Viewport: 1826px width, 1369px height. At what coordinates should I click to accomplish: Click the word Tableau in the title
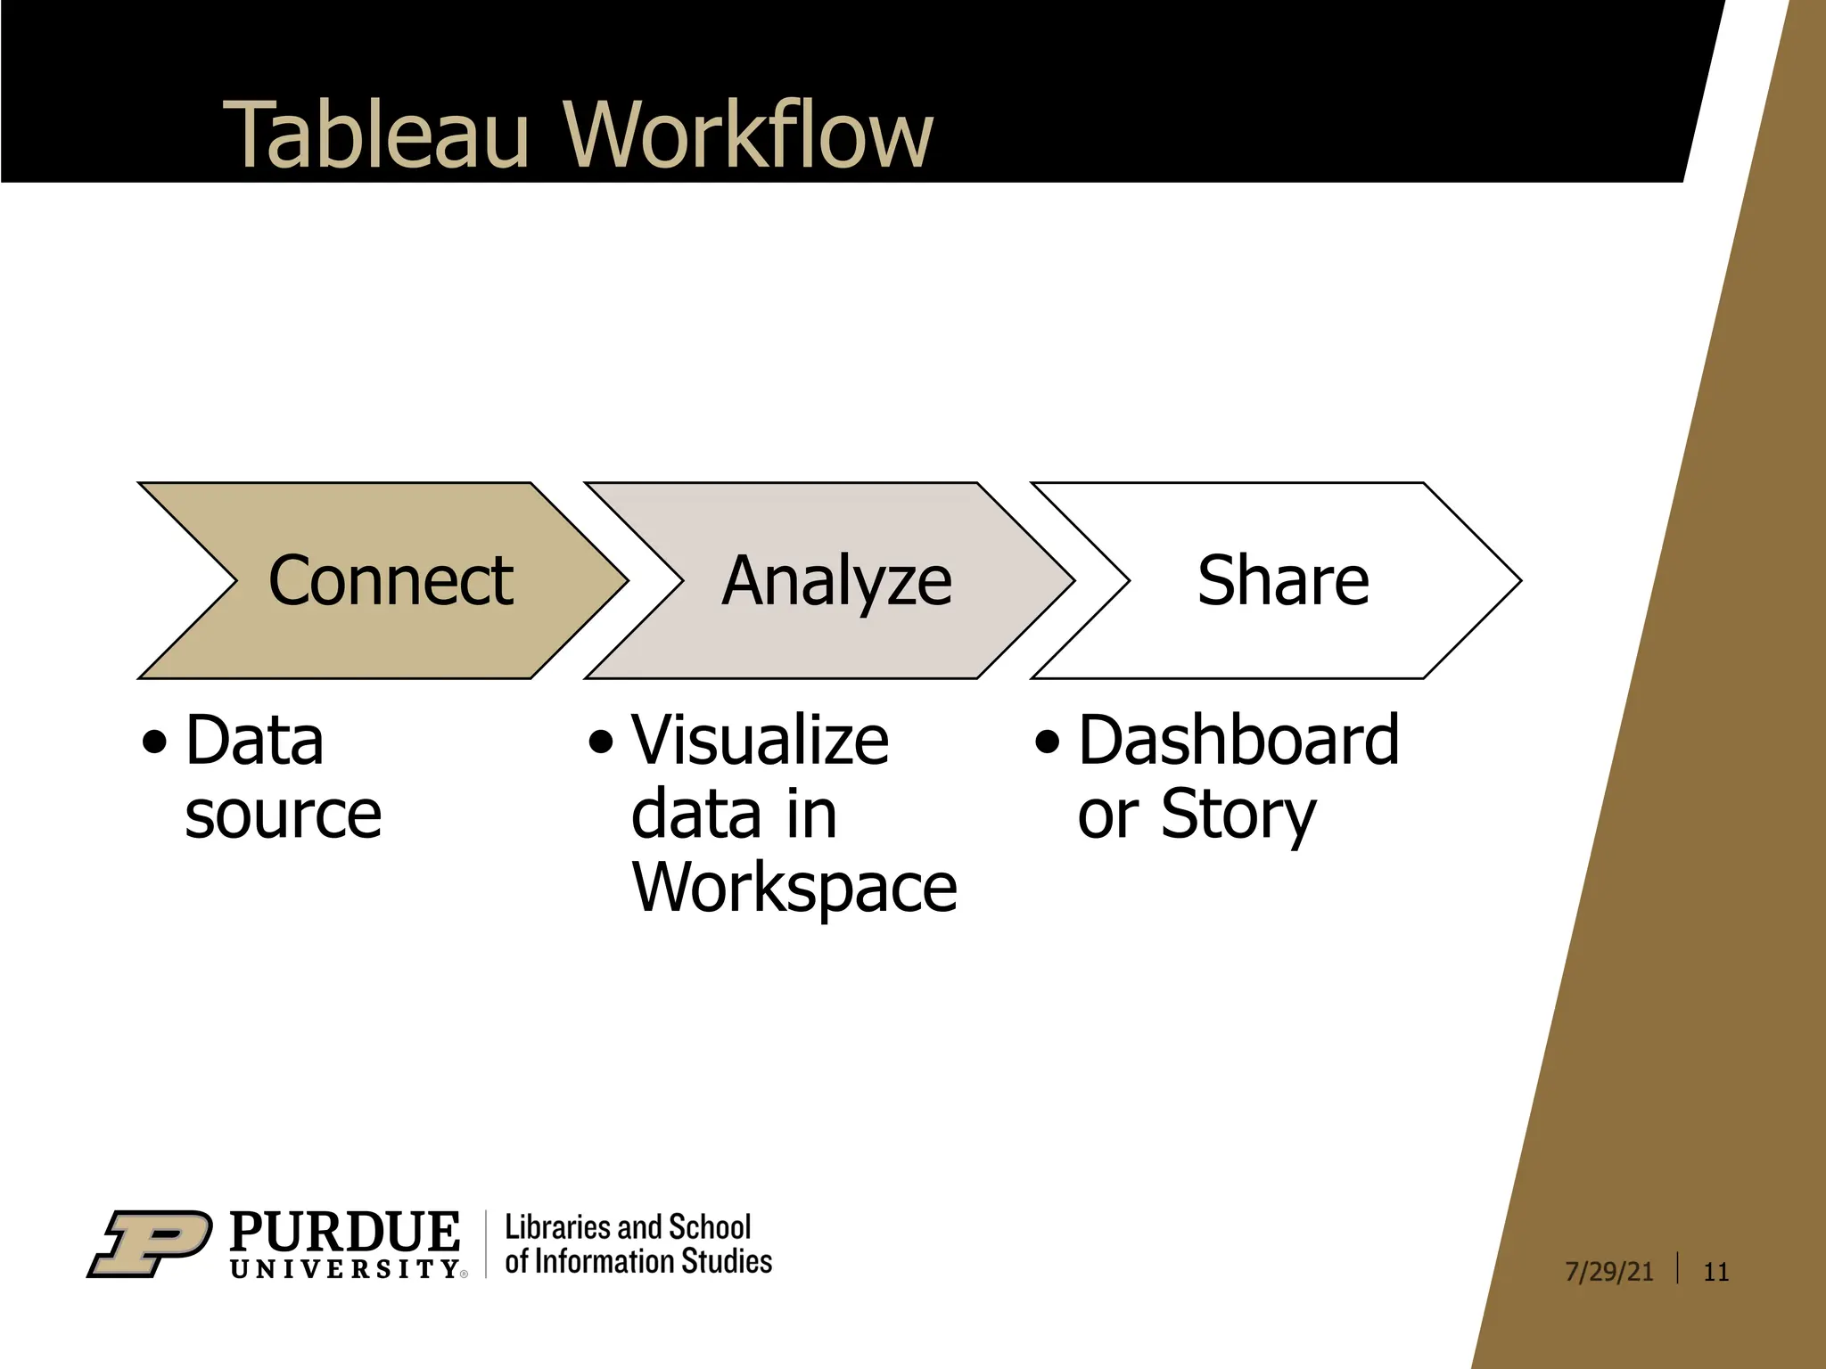375,135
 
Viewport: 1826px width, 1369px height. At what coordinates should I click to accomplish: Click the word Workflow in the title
748,135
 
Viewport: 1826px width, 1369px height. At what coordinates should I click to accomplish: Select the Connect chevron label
391,580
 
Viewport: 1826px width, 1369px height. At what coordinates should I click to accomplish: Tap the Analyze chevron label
836,580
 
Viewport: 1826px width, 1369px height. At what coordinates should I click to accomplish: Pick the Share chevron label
1282,580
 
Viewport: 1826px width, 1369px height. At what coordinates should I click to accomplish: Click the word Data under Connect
254,740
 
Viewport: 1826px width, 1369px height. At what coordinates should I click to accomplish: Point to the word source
283,814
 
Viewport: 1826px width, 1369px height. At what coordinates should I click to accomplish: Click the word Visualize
760,740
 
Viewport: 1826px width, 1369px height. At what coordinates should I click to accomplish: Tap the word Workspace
794,888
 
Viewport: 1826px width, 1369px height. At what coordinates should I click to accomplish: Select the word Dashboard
1238,740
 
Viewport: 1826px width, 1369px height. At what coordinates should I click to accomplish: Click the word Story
1238,814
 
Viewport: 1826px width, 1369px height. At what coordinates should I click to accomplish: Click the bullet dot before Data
154,742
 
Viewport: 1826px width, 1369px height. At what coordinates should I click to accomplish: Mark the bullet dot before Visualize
601,742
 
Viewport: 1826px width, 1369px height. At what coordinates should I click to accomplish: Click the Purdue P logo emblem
150,1243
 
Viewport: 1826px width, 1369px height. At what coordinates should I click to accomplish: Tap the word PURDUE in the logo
345,1232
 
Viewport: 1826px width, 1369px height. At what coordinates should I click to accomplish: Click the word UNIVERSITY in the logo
345,1268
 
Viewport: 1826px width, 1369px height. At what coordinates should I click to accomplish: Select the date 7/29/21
1608,1271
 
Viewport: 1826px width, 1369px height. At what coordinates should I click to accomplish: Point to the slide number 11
1715,1271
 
